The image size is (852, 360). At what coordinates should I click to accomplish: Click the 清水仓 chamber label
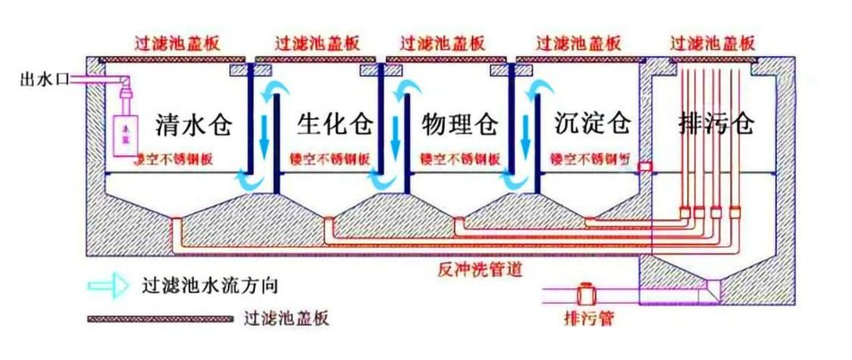[x=193, y=124]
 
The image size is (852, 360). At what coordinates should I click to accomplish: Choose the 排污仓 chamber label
[x=716, y=124]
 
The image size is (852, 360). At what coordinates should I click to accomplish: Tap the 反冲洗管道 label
[x=480, y=269]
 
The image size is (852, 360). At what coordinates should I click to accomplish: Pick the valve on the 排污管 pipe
[x=584, y=292]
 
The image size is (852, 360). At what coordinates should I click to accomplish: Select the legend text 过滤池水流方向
[x=200, y=286]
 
